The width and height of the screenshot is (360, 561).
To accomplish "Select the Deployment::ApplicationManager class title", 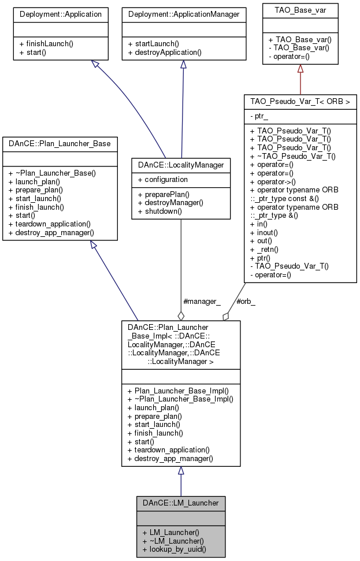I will pyautogui.click(x=183, y=13).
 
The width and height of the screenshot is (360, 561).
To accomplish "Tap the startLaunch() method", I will pyautogui.click(x=154, y=44).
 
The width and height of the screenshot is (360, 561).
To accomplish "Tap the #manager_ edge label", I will pyautogui.click(x=202, y=301).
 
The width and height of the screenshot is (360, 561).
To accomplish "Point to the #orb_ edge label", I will pyautogui.click(x=247, y=301).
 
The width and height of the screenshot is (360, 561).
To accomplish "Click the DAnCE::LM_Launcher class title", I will pyautogui.click(x=180, y=503).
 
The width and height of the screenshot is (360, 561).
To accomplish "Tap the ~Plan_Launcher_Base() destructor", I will pyautogui.click(x=52, y=173).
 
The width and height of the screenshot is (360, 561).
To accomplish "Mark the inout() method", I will pyautogui.click(x=265, y=233).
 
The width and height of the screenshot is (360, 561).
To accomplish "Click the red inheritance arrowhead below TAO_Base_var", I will pyautogui.click(x=300, y=69).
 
